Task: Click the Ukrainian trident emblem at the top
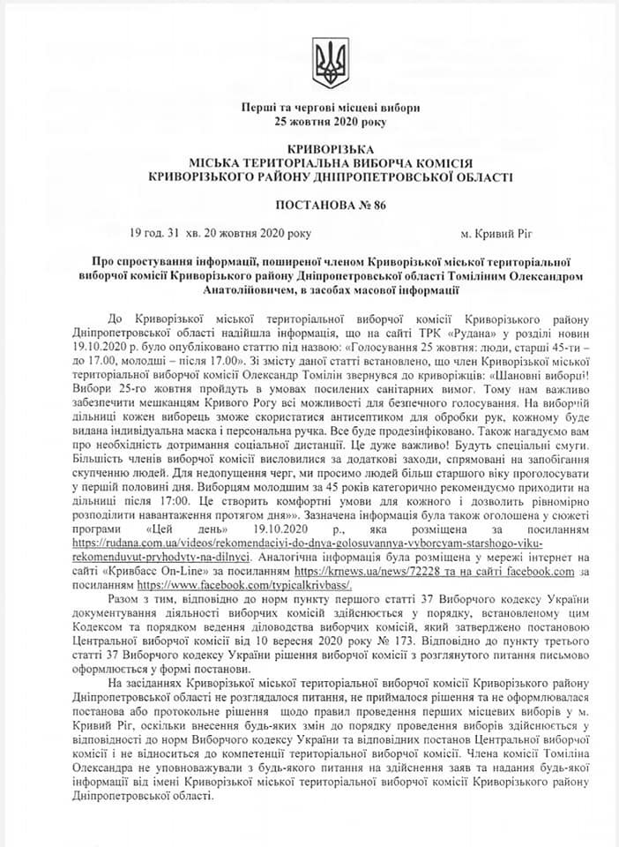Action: coord(332,62)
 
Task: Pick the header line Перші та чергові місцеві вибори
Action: coord(331,108)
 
